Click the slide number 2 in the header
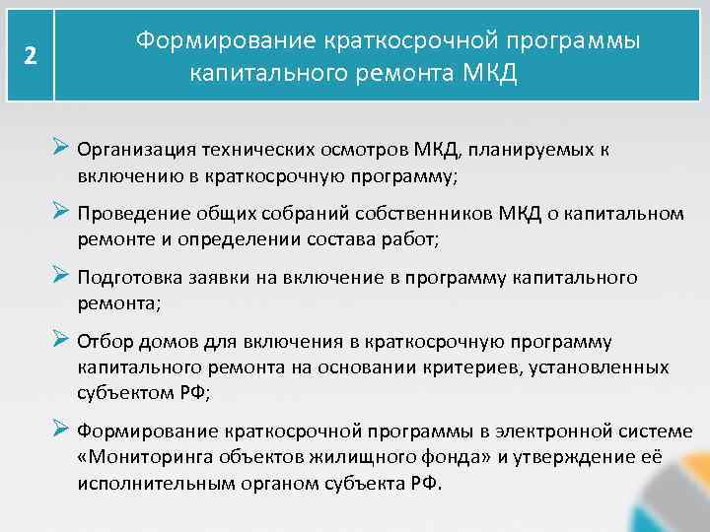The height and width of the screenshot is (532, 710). click(31, 56)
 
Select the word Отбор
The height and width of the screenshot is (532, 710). click(102, 342)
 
